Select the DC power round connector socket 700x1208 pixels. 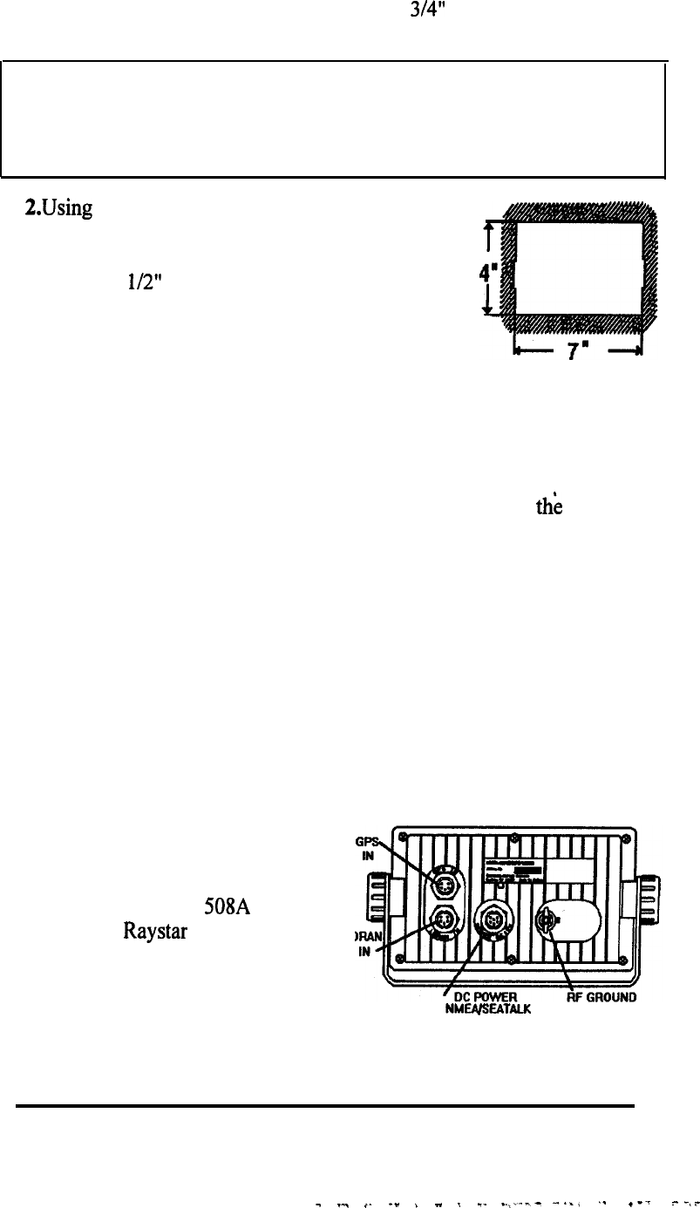pyautogui.click(x=493, y=921)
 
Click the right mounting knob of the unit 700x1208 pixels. pyautogui.click(x=653, y=907)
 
